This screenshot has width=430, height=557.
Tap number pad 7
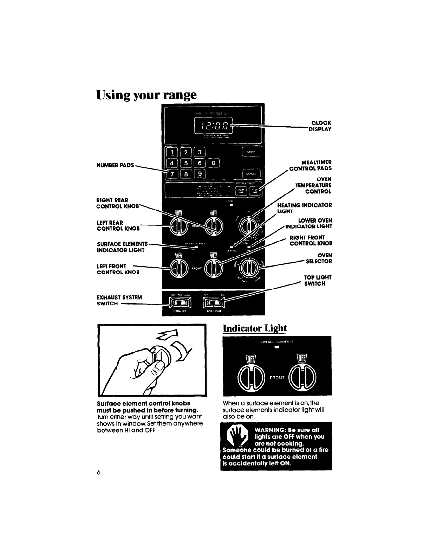coord(172,174)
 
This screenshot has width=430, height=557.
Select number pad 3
coord(200,152)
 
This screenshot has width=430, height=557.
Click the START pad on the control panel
coord(251,152)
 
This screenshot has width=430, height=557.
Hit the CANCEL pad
coord(251,173)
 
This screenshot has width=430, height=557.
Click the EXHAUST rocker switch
coord(180,303)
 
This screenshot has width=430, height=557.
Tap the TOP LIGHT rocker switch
coord(213,303)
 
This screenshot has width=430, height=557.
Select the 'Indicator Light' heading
coord(255,328)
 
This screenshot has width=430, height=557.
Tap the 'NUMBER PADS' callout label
coord(115,165)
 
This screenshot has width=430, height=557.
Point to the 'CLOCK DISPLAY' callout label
coord(320,126)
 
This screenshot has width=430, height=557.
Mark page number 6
coord(99,473)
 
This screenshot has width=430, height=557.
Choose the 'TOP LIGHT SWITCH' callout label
coord(318,280)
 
